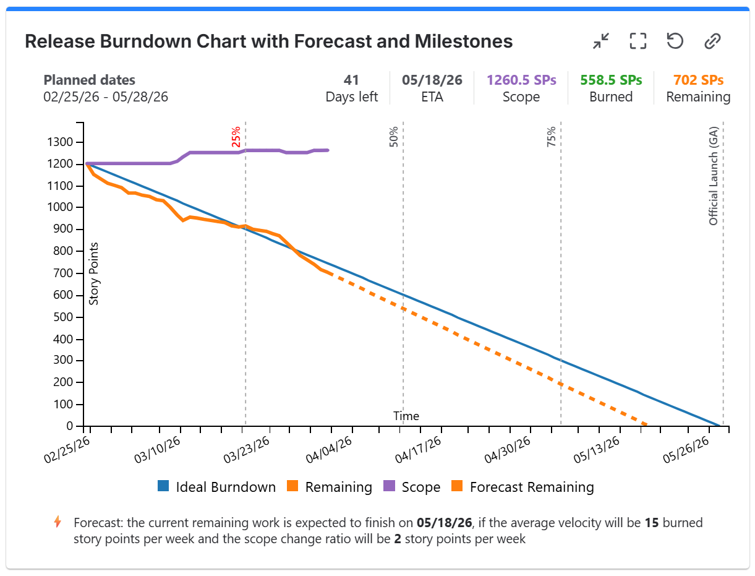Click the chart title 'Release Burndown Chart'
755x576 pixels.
point(268,41)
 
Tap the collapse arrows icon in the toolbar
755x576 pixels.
point(600,41)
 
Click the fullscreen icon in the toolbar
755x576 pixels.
point(638,41)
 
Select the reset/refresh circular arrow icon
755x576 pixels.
point(675,41)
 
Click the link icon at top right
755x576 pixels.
point(712,41)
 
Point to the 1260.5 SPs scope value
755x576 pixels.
point(521,80)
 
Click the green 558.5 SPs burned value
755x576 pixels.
point(610,80)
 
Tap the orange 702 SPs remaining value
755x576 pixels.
point(698,80)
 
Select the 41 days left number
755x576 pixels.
point(351,80)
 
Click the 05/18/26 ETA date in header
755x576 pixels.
point(431,80)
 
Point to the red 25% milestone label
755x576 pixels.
point(236,137)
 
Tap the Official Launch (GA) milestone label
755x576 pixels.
point(714,177)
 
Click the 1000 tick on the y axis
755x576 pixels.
point(61,208)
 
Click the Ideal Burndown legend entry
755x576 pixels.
point(216,487)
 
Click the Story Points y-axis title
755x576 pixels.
point(94,273)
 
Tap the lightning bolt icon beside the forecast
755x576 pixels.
point(58,522)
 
